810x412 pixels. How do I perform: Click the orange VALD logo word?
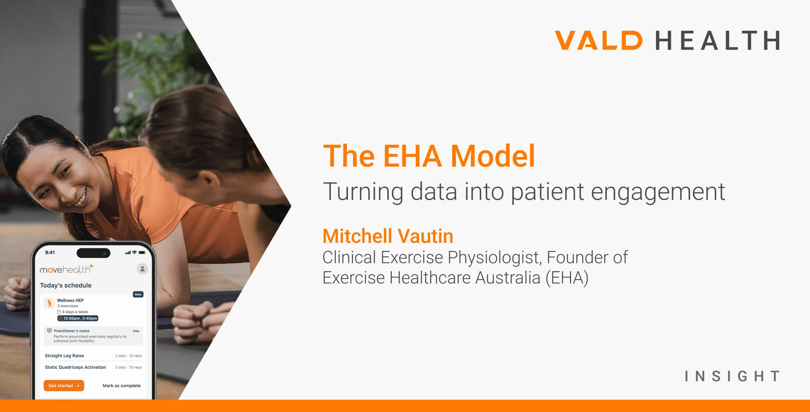pyautogui.click(x=599, y=40)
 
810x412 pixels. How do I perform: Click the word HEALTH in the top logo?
pyautogui.click(x=717, y=40)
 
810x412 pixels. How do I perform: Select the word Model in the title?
pyautogui.click(x=493, y=156)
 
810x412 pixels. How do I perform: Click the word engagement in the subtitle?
pyautogui.click(x=658, y=192)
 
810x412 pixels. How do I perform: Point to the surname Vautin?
pyautogui.click(x=426, y=236)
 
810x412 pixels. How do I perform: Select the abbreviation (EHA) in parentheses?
pyautogui.click(x=567, y=278)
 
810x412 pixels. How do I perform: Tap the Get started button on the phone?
pyautogui.click(x=64, y=386)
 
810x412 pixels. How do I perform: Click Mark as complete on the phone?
pyautogui.click(x=122, y=386)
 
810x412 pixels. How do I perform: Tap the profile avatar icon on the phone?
pyautogui.click(x=142, y=269)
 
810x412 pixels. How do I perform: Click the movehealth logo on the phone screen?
pyautogui.click(x=67, y=269)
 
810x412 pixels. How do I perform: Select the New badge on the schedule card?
pyautogui.click(x=138, y=294)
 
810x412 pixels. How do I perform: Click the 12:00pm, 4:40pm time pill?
pyautogui.click(x=78, y=319)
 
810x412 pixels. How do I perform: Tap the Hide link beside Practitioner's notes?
pyautogui.click(x=136, y=331)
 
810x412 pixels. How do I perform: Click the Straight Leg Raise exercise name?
pyautogui.click(x=64, y=356)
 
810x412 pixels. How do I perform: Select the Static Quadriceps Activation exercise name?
pyautogui.click(x=75, y=367)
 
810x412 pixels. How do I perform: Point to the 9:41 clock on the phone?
pyautogui.click(x=50, y=252)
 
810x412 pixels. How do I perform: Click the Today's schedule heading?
pyautogui.click(x=66, y=285)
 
